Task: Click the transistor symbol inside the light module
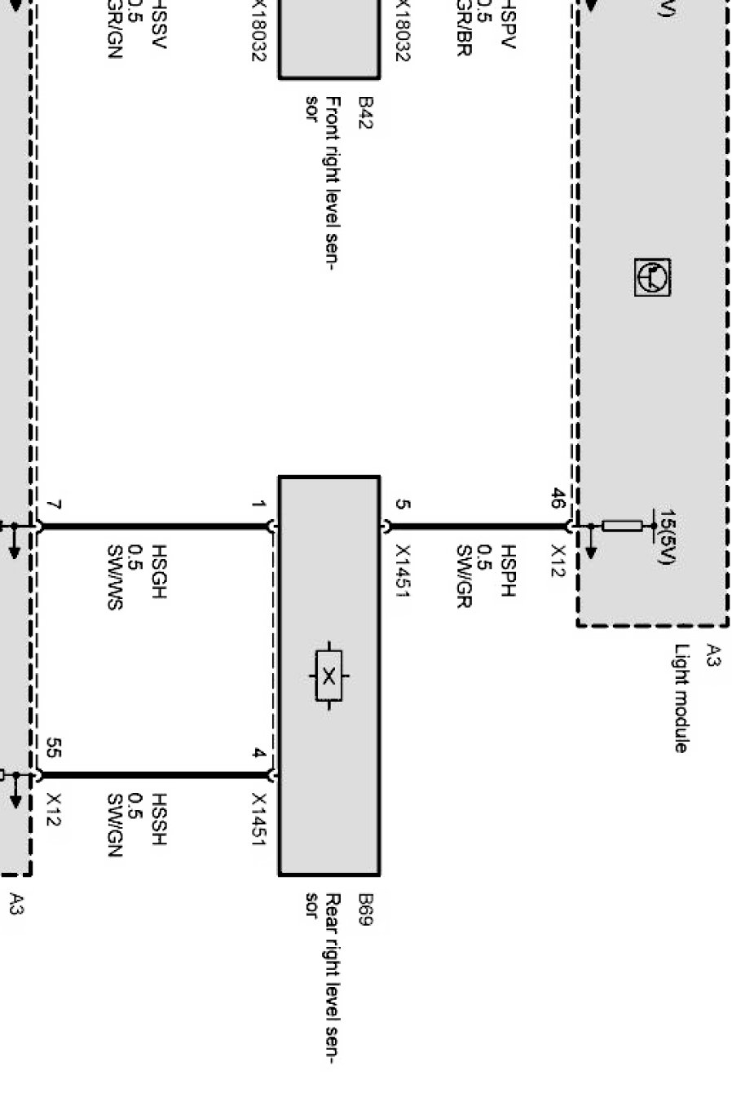tap(652, 277)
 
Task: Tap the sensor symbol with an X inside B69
tap(328, 676)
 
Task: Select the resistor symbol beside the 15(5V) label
tap(626, 526)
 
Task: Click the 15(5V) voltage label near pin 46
tap(667, 538)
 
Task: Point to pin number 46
tap(558, 499)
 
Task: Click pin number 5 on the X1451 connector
tap(402, 504)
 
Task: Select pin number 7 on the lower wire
tap(54, 507)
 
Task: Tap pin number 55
tap(54, 748)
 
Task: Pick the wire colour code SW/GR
tap(463, 577)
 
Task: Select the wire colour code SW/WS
tap(113, 578)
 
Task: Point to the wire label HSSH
tap(158, 818)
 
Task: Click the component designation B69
tap(366, 910)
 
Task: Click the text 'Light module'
tap(681, 698)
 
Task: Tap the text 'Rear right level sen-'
tap(333, 978)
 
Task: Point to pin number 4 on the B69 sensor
tap(258, 754)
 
